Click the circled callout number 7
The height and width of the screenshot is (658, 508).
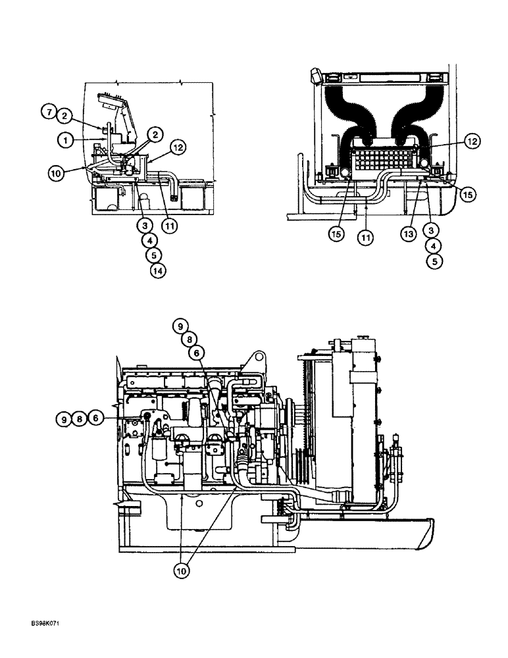pos(49,112)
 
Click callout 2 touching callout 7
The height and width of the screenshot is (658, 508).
pos(63,116)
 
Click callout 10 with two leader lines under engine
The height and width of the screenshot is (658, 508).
pos(180,570)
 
